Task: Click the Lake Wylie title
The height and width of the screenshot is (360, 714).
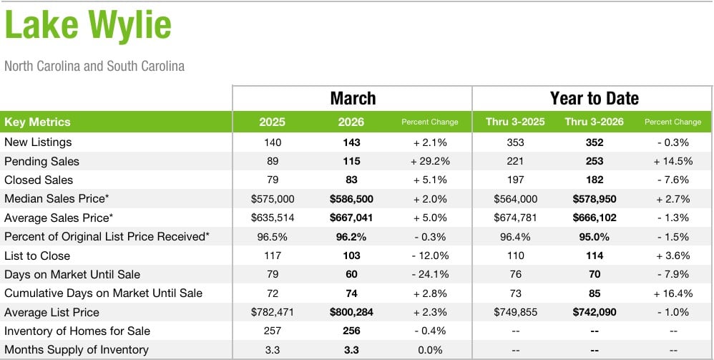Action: [x=88, y=26]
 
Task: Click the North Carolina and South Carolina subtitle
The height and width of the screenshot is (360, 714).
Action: [x=94, y=67]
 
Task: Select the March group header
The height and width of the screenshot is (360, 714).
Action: [x=353, y=98]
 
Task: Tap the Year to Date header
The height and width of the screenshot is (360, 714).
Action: [x=594, y=98]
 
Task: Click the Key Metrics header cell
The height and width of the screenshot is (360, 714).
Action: [x=38, y=122]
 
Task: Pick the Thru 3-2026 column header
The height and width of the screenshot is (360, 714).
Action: [x=594, y=122]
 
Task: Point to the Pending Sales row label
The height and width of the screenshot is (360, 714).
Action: [x=41, y=161]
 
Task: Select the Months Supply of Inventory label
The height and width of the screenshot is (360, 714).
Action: [x=77, y=350]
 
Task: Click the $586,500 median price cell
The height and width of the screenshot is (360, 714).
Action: [x=351, y=199]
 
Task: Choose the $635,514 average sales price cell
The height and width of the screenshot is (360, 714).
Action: [x=273, y=218]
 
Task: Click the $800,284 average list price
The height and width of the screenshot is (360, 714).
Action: [x=351, y=312]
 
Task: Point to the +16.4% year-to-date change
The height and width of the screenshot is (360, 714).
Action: [x=673, y=293]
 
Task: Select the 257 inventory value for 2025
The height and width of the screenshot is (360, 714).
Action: [x=273, y=331]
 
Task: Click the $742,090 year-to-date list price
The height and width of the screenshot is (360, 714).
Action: [x=594, y=312]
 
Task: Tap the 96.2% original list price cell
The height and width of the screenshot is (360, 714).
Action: [x=351, y=236]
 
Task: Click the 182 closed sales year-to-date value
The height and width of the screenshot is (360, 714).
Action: [x=594, y=180]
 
